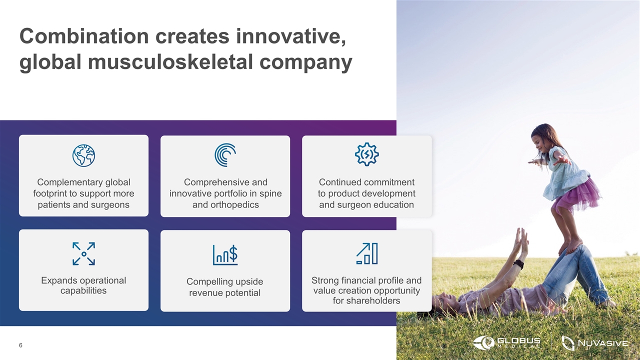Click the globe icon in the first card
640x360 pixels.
(83, 155)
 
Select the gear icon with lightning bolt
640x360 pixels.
(367, 154)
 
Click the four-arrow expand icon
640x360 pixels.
(83, 253)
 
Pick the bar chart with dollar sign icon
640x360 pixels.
(225, 255)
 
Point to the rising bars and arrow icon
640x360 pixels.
(367, 253)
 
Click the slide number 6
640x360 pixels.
(20, 345)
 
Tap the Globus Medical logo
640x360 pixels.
(506, 342)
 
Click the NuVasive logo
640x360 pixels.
(595, 343)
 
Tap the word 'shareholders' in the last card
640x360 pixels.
(366, 300)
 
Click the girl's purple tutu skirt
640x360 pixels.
(575, 195)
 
